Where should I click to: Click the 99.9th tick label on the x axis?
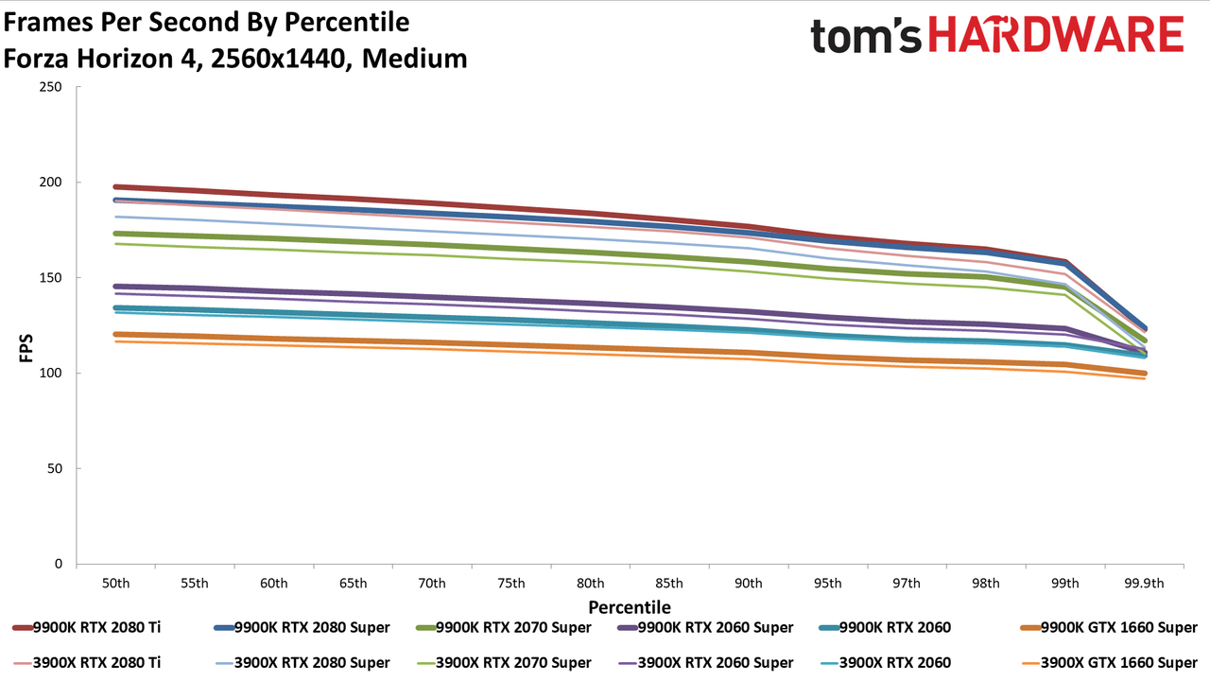click(1144, 584)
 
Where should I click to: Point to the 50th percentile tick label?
click(115, 584)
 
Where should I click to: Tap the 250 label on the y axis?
click(50, 86)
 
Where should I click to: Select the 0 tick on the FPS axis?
click(59, 564)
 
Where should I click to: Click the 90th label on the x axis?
click(748, 584)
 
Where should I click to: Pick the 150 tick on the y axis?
click(50, 277)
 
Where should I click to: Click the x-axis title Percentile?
click(630, 607)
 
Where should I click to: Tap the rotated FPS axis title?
click(26, 348)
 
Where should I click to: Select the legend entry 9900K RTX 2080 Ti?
click(86, 627)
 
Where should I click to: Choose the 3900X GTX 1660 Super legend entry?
click(1109, 663)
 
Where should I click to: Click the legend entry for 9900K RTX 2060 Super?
click(705, 627)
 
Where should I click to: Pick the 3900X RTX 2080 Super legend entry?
click(302, 663)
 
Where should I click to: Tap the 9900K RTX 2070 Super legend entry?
click(504, 627)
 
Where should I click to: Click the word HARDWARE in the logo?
click(1056, 34)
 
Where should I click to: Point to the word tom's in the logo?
click(865, 36)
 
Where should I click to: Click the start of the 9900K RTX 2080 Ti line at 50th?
click(115, 187)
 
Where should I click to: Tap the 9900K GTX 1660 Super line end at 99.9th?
click(1144, 373)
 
